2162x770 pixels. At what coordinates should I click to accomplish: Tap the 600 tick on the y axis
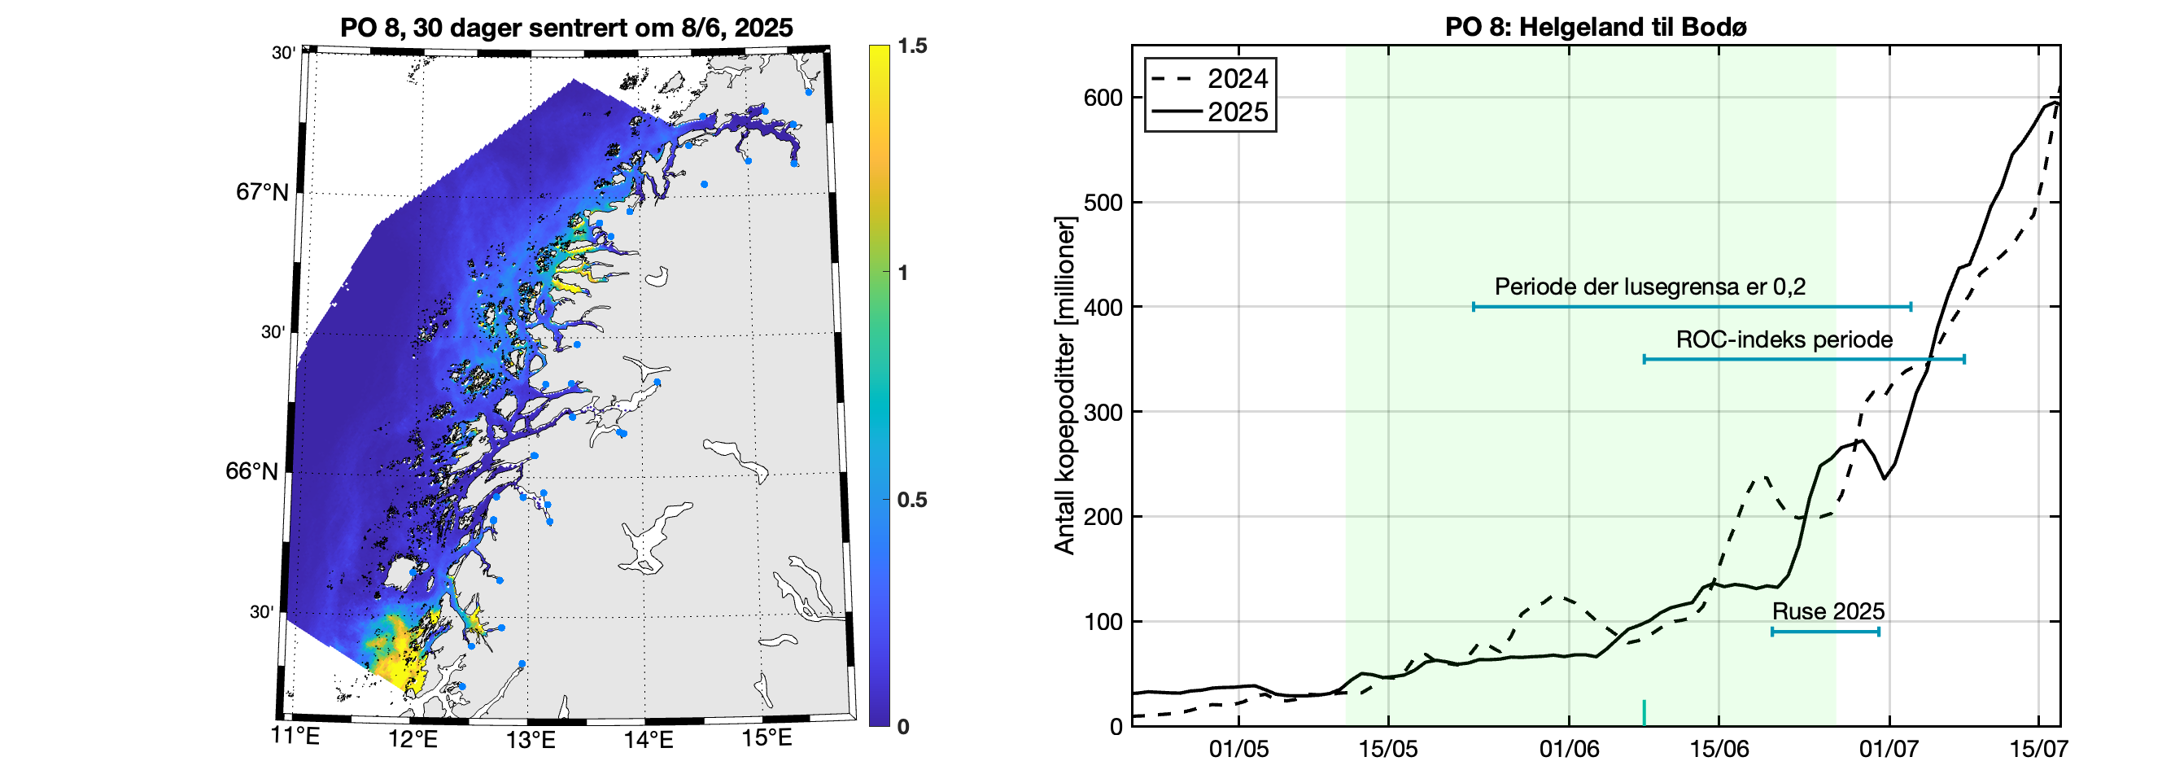1103,98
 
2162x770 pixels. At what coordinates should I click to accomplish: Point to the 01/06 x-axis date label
1569,748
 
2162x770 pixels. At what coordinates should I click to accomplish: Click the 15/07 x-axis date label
2038,748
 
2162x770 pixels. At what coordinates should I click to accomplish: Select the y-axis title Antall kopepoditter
1065,386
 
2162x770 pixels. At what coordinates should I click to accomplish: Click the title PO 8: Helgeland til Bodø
1596,27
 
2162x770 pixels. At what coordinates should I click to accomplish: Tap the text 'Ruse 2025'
1827,611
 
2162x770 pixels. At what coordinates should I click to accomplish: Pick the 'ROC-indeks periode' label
1784,340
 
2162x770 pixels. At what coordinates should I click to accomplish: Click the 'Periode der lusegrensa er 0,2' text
1649,287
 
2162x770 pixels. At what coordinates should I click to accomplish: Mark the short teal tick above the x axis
1644,712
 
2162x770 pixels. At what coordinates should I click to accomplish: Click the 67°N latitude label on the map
262,192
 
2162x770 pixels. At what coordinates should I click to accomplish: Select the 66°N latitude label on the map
251,471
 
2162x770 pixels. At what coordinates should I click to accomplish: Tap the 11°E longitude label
295,738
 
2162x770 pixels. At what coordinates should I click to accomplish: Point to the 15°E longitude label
767,738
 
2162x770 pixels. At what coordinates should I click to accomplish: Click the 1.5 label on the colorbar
911,46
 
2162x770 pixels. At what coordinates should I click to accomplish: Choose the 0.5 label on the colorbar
911,500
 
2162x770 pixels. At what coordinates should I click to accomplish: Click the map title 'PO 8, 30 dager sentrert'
566,28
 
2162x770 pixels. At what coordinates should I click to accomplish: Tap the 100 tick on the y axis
1103,622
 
